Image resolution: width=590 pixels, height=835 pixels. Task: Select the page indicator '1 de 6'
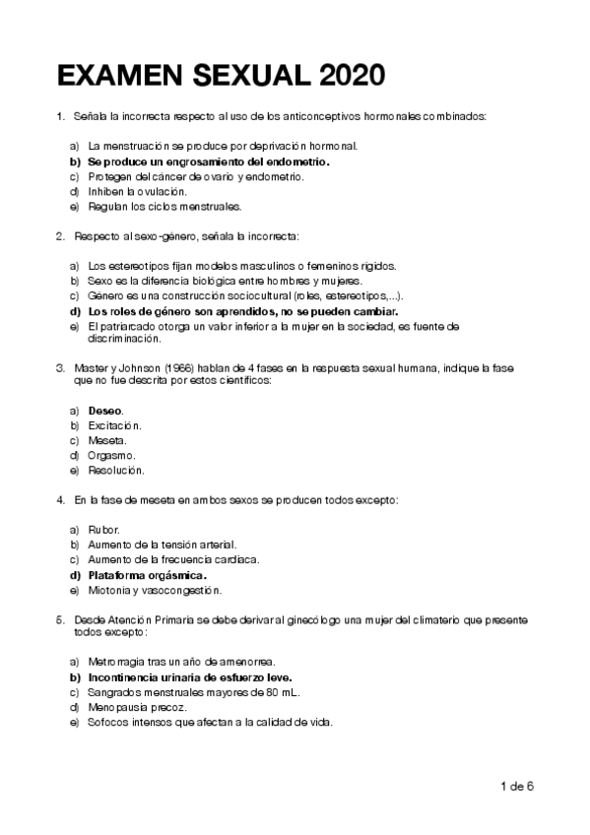516,786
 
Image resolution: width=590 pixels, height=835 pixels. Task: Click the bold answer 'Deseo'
105,410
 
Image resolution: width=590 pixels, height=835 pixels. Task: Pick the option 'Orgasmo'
111,456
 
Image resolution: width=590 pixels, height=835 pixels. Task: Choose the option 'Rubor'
103,529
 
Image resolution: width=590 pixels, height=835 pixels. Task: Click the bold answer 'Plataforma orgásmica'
147,575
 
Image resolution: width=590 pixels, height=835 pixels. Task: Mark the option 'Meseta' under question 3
107,440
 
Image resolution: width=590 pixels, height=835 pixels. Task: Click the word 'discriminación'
123,339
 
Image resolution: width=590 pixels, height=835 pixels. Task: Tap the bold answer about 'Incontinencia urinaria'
190,677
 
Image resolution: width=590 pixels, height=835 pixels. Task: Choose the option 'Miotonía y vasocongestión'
154,591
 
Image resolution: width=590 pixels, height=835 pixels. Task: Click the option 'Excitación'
114,425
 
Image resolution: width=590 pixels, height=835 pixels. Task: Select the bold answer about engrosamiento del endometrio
208,161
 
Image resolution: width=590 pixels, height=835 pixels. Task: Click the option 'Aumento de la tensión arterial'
162,545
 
